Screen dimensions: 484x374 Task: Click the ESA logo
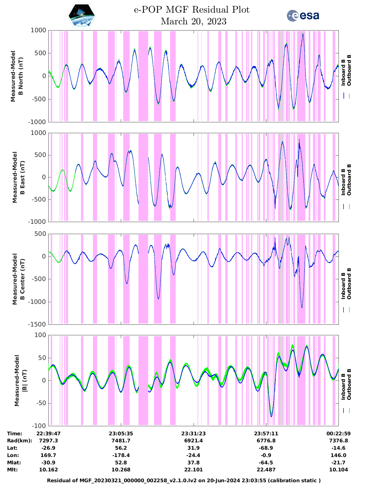[x=303, y=16]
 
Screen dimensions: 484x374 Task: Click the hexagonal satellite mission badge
[x=82, y=16]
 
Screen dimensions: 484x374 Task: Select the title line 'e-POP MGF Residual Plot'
[x=192, y=10]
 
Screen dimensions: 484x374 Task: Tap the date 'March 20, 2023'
[x=194, y=21]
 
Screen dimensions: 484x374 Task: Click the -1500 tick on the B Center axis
[x=37, y=324]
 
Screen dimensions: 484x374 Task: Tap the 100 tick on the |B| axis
[x=40, y=335]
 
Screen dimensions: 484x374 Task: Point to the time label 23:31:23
[x=193, y=434]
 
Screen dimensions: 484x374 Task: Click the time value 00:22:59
[x=339, y=434]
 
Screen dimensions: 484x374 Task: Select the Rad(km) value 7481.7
[x=121, y=441]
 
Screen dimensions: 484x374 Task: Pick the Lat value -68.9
[x=266, y=448]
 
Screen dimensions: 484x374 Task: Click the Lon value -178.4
[x=121, y=455]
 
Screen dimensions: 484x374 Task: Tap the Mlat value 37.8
[x=193, y=463]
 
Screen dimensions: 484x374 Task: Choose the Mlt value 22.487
[x=266, y=470]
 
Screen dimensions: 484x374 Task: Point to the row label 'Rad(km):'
[x=19, y=441]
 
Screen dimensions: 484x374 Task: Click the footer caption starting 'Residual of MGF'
[x=184, y=480]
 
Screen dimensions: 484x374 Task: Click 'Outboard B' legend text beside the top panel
[x=349, y=70]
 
